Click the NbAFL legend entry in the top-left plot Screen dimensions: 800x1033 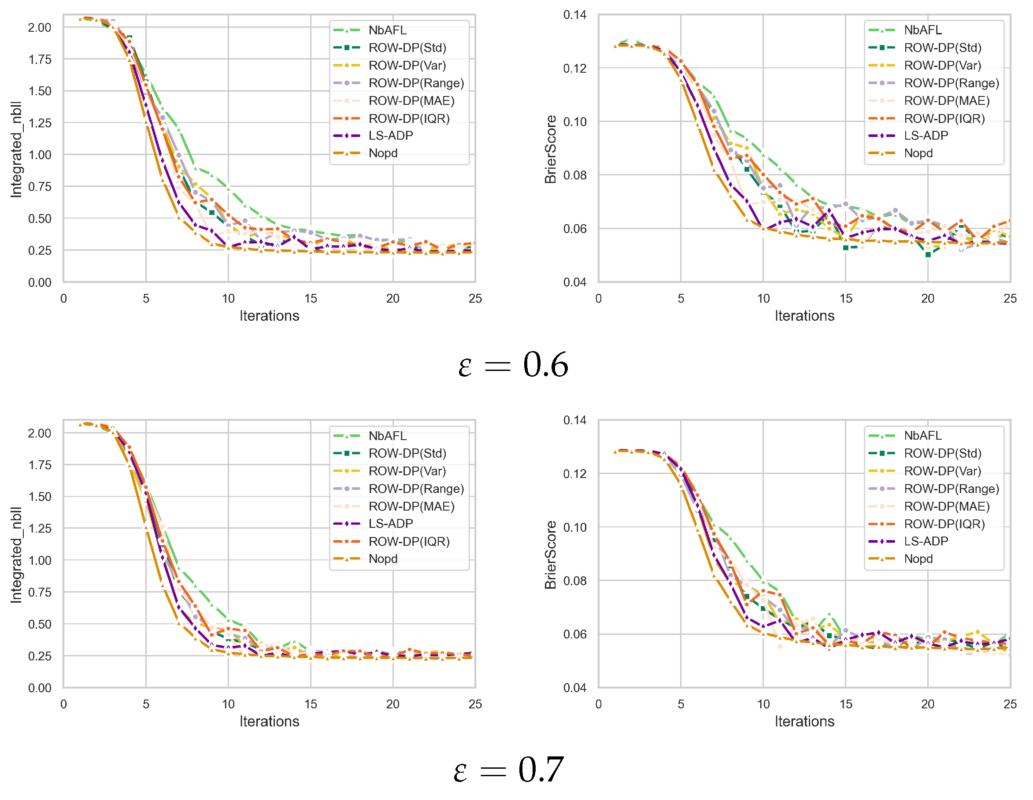click(387, 30)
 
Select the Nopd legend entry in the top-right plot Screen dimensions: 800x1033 click(918, 153)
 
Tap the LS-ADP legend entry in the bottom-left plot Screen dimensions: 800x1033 click(390, 524)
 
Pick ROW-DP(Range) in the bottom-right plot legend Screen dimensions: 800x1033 click(951, 489)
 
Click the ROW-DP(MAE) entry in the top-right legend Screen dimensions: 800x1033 click(947, 101)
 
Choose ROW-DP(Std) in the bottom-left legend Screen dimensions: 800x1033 click(407, 454)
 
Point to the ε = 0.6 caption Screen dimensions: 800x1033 click(513, 365)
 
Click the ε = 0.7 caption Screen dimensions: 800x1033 click(508, 770)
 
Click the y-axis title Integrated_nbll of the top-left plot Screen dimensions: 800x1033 click(16, 149)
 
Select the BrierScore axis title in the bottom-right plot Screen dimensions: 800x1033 click(550, 555)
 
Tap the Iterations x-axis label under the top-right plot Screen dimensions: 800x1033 click(804, 316)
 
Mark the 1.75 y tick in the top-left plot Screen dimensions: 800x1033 click(40, 59)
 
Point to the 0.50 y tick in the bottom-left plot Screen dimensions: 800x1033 click(40, 625)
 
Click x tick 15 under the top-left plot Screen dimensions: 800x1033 click(310, 299)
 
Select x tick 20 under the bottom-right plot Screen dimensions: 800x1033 click(928, 704)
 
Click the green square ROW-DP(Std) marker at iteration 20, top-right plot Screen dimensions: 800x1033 click(928, 255)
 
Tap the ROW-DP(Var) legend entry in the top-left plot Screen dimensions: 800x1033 click(407, 66)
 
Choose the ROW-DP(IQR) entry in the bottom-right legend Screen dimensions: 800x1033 click(944, 524)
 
